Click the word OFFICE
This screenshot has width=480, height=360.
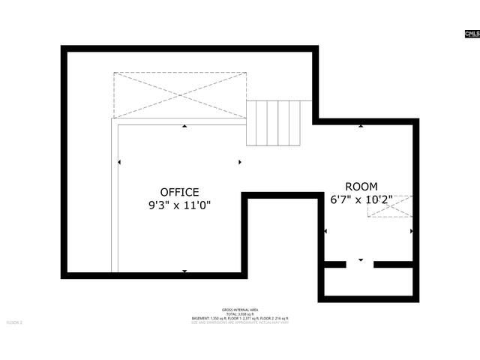[179, 192]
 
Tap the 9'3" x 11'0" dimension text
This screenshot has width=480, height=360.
[179, 205]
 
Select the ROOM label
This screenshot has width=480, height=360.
[361, 187]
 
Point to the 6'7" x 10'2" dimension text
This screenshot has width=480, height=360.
[361, 199]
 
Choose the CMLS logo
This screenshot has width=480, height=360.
[472, 34]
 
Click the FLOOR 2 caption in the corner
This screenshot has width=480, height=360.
[15, 322]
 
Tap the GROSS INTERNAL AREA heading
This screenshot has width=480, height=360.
[240, 310]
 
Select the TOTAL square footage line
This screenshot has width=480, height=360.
[240, 314]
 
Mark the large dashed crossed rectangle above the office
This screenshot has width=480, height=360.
[179, 94]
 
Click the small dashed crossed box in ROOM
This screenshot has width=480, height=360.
[389, 207]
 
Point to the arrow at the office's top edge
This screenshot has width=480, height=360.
[184, 127]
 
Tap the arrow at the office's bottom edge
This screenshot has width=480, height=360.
[184, 271]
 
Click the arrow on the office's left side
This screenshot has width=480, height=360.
[118, 162]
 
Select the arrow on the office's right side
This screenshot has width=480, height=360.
[239, 162]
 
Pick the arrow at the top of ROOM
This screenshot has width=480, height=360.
[361, 126]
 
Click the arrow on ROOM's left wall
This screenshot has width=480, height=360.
[325, 231]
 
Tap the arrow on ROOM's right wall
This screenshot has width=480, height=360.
[411, 231]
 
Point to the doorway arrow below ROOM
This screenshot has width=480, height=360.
[361, 259]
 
